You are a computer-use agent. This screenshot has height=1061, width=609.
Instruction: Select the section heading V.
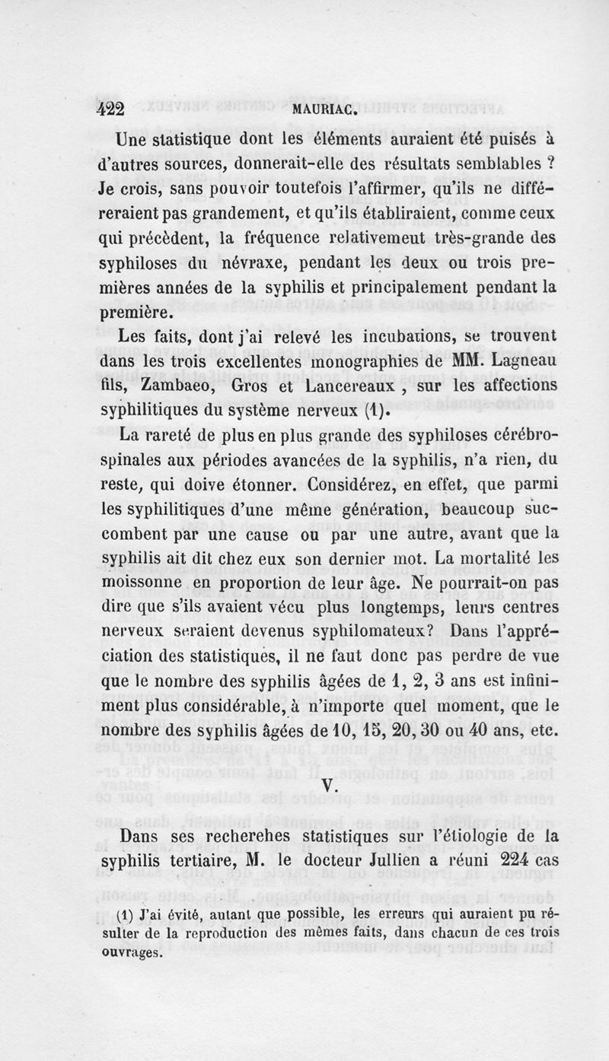pyautogui.click(x=329, y=786)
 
